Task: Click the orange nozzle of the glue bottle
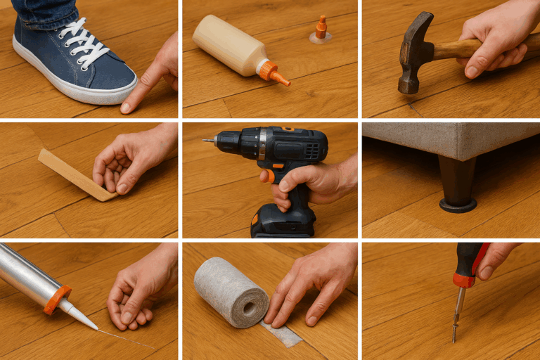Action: click(273, 73)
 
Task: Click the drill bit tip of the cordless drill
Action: click(205, 140)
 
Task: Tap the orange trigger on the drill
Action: click(267, 176)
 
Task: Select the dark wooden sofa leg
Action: click(457, 180)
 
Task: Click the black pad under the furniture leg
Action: click(458, 206)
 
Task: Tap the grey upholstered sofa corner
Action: click(450, 140)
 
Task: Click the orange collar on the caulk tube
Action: click(57, 299)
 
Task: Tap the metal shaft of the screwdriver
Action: click(458, 309)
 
